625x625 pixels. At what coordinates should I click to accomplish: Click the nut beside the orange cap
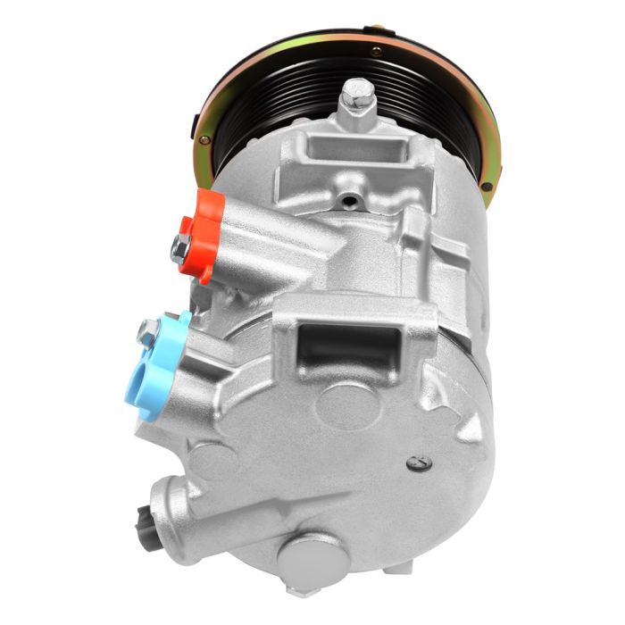[x=180, y=250]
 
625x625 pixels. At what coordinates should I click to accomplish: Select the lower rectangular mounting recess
[x=348, y=351]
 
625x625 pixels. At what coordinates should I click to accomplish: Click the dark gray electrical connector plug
[x=145, y=522]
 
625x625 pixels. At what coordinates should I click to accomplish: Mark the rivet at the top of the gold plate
[x=376, y=52]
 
